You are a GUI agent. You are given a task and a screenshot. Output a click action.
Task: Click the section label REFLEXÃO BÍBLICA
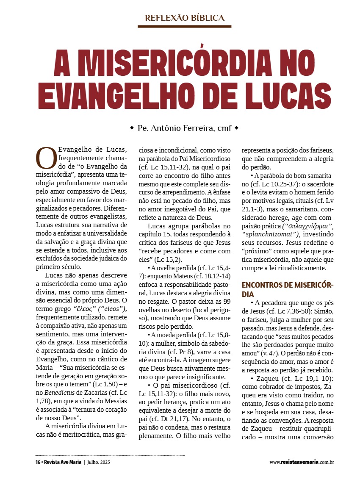(x=184, y=18)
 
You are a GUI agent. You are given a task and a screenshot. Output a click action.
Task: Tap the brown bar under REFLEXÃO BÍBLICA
(x=184, y=26)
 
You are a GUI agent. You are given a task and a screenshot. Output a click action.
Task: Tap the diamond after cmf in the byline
(x=236, y=127)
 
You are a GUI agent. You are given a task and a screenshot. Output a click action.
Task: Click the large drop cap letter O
(x=46, y=158)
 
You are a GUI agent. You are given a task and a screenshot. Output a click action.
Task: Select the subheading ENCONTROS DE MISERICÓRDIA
(x=284, y=289)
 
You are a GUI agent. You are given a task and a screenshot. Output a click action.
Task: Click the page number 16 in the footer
(x=38, y=461)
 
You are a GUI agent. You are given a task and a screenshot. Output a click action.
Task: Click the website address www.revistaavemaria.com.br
(x=302, y=462)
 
